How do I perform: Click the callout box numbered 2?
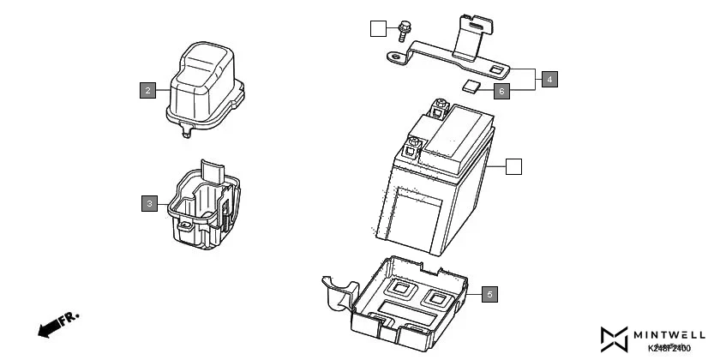click(x=148, y=90)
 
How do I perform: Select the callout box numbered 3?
click(x=150, y=203)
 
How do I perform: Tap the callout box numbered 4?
click(x=549, y=79)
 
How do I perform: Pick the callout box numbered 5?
click(x=489, y=294)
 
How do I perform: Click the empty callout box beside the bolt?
click(x=378, y=29)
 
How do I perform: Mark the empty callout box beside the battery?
click(x=513, y=166)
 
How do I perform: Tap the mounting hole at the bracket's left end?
click(x=395, y=58)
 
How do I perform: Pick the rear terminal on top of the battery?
click(x=441, y=108)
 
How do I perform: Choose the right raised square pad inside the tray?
click(x=437, y=297)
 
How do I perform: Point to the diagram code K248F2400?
click(x=669, y=348)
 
